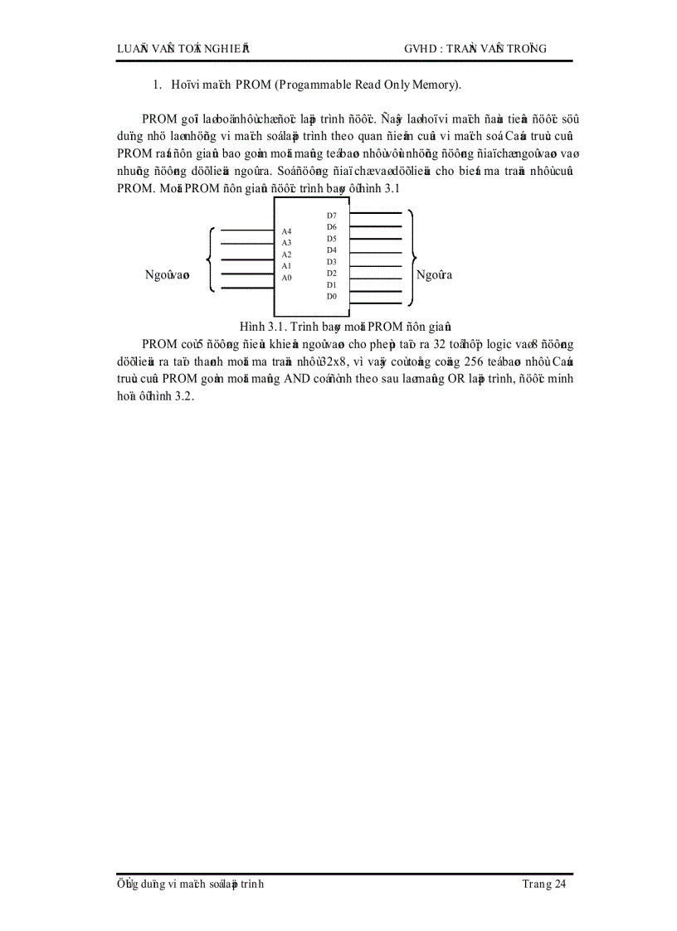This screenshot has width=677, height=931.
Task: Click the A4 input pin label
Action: (286, 230)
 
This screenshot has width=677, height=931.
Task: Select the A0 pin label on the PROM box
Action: (286, 278)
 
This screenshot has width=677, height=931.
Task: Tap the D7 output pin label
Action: (331, 215)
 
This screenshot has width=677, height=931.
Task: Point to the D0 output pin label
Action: (331, 296)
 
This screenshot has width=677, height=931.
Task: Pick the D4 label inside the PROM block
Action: (331, 250)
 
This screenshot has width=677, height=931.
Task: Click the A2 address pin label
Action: (286, 255)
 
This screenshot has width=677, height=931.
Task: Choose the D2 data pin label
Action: (331, 273)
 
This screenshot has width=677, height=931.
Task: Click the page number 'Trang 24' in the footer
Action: (544, 885)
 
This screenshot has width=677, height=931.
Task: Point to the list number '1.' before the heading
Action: (155, 85)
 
